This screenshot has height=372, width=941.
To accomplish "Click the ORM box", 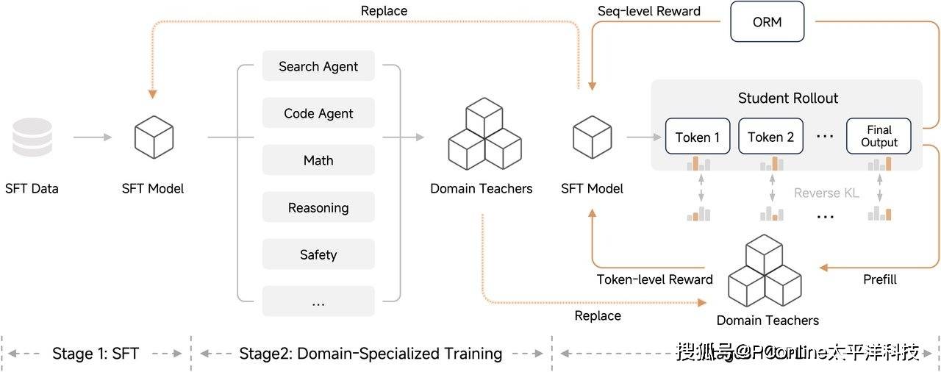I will point(768,21).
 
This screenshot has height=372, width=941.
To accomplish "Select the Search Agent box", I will point(318,66).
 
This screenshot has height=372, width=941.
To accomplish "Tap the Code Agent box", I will point(318,113).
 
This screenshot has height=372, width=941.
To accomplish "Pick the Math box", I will point(318,160).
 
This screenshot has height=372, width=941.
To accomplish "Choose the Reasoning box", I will point(318,207).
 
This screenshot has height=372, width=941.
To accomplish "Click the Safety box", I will point(318,254).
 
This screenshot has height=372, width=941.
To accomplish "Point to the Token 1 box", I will point(698,137).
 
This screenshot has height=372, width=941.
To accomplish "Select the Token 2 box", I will point(770,137).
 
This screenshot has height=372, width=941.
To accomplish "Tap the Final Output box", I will point(879,137).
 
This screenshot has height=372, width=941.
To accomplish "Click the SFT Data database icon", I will point(32,137).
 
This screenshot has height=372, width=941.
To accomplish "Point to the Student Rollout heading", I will point(788,98).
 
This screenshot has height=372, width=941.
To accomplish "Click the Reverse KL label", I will point(827,193).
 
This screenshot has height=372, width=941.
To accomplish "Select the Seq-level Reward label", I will point(649,11).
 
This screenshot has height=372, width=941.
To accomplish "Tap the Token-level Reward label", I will point(655,279).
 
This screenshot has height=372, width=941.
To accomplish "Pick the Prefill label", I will point(879,279).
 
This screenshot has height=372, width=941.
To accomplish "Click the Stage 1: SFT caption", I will point(95,354).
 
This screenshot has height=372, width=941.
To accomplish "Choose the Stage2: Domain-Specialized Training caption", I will point(371,354).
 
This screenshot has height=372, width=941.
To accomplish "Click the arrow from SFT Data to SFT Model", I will point(92,137).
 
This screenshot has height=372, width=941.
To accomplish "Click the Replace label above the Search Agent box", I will point(384,11).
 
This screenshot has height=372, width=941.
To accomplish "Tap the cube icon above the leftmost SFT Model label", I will point(154,137).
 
